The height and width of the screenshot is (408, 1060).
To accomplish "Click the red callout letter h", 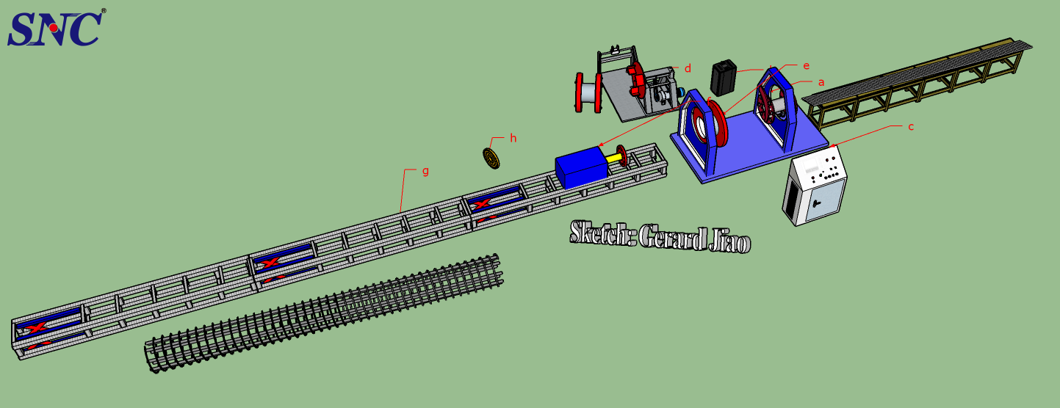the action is [513, 138].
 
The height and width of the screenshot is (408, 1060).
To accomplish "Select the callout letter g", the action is [425, 171].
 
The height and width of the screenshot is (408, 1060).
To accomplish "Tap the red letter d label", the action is [688, 68].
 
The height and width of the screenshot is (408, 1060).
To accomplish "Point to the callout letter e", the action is [807, 66].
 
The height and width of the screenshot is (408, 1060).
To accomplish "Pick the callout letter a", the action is [821, 83].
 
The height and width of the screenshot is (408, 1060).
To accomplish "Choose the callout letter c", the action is [910, 127].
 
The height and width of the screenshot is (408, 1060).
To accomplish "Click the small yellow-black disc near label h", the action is [491, 158].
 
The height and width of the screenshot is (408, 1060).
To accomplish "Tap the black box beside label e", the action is [724, 77].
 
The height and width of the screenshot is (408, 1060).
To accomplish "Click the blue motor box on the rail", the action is [582, 167].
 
